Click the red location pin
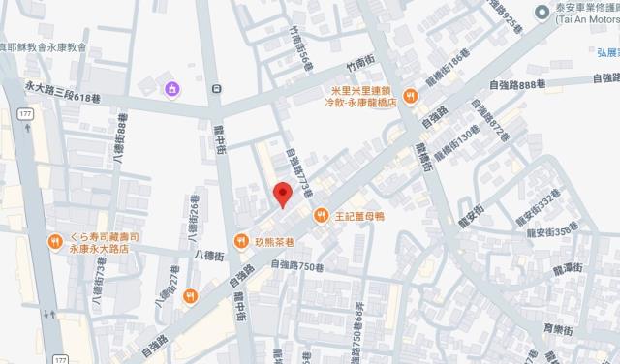(282, 193)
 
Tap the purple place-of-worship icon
(171, 90)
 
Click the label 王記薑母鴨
(359, 216)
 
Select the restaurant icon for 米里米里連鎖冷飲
(411, 96)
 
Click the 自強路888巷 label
(524, 85)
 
